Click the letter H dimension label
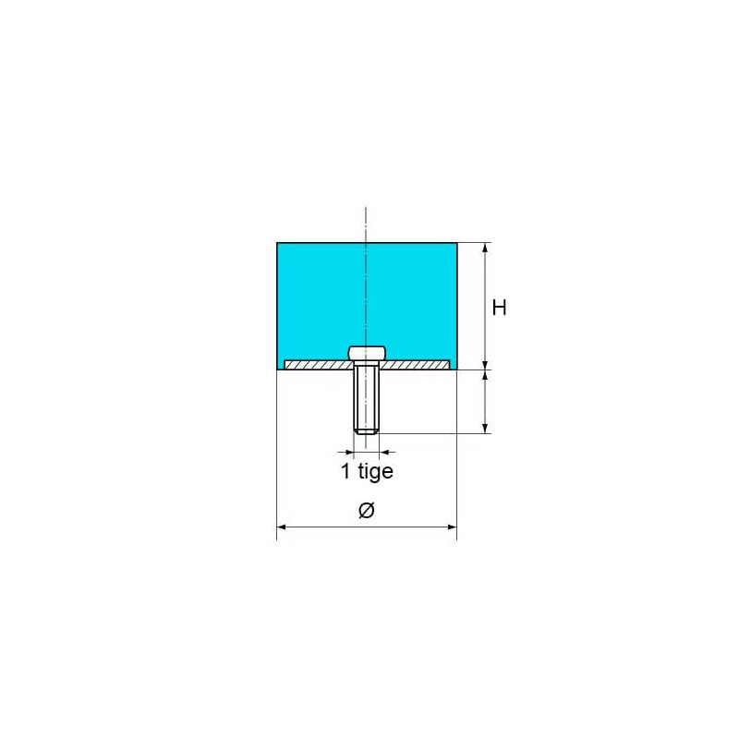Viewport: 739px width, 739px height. point(499,308)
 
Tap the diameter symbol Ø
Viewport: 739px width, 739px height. point(366,511)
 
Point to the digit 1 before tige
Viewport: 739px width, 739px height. point(345,472)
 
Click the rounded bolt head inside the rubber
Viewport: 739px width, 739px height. point(367,352)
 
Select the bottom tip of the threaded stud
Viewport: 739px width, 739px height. point(367,431)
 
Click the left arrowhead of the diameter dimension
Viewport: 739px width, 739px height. point(283,527)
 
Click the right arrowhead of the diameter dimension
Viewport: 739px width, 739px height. point(451,527)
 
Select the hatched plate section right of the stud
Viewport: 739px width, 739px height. point(416,366)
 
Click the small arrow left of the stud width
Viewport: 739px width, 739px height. point(348,452)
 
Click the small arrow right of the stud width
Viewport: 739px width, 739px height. point(385,452)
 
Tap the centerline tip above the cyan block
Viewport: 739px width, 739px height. point(367,207)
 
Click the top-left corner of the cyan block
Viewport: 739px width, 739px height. point(278,243)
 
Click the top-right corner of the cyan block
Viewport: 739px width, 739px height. point(456,243)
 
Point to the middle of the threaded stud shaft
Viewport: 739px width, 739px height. point(367,397)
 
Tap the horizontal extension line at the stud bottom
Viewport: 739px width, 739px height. point(434,432)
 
